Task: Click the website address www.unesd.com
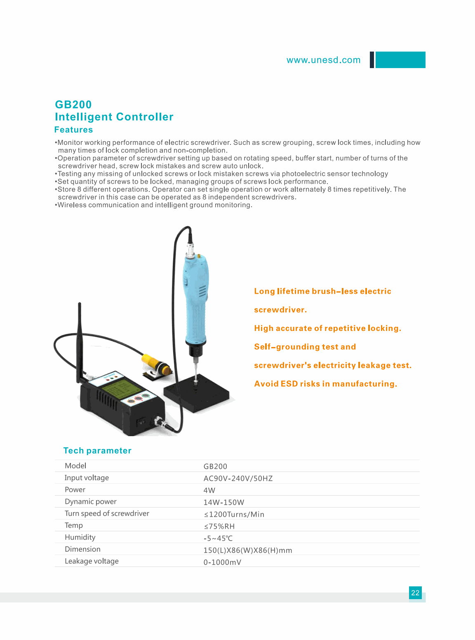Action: click(x=323, y=60)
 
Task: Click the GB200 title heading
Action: click(x=73, y=105)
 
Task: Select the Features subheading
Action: click(x=73, y=130)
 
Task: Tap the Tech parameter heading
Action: click(x=97, y=451)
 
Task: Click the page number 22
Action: click(x=415, y=593)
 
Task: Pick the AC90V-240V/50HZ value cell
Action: click(x=238, y=478)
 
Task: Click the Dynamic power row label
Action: click(x=91, y=501)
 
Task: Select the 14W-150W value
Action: click(x=223, y=502)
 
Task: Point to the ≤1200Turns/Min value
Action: click(x=234, y=514)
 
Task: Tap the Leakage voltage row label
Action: click(x=92, y=561)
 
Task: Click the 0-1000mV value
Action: click(x=222, y=562)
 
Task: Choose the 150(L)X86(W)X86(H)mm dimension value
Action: click(x=247, y=550)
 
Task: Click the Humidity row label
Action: click(x=80, y=537)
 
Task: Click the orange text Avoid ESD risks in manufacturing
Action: click(x=325, y=384)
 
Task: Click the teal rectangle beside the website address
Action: click(x=400, y=60)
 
